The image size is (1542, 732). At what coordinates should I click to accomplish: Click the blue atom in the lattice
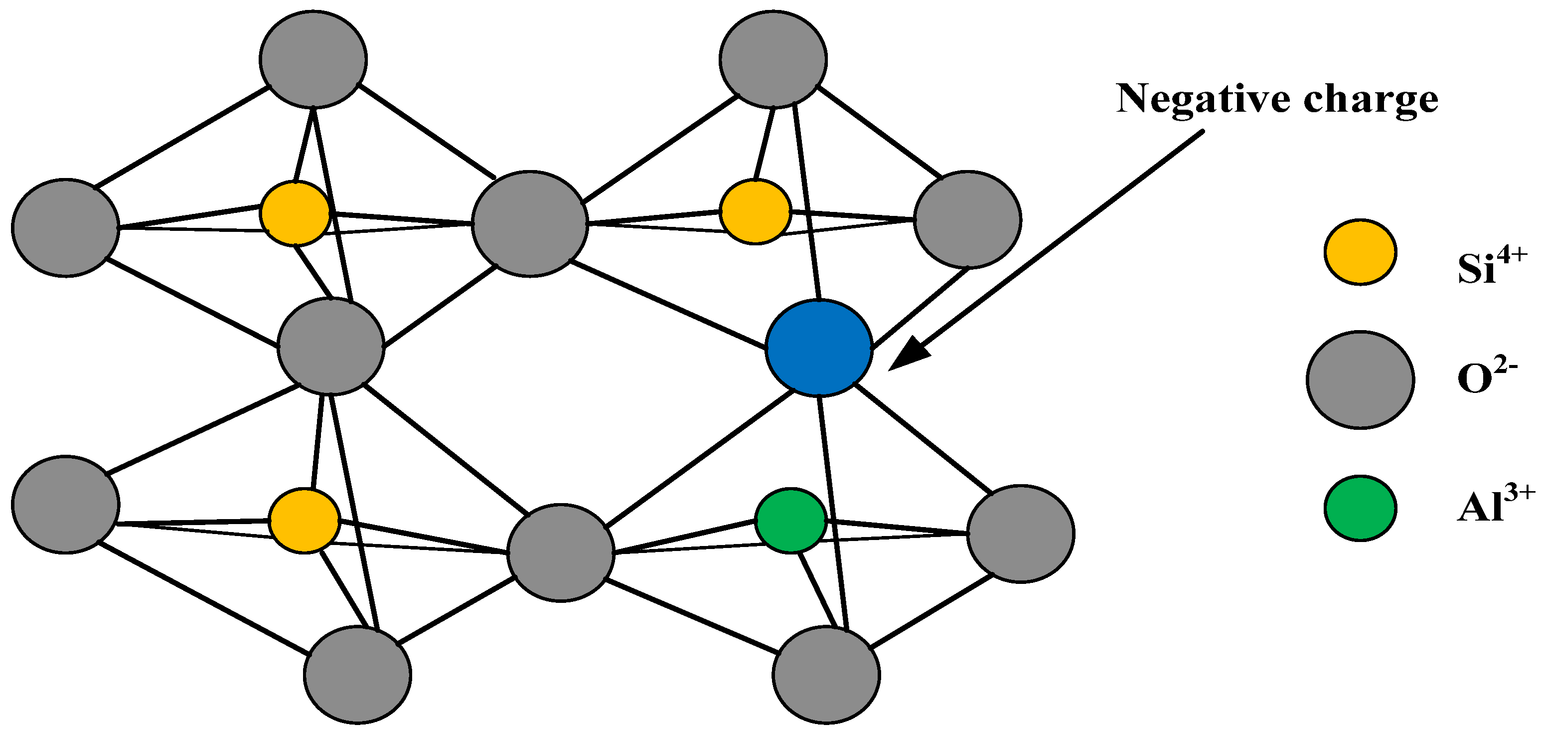coord(819,348)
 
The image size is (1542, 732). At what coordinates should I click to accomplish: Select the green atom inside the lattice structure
coord(791,520)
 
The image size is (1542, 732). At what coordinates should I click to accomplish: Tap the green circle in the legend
coord(1360,508)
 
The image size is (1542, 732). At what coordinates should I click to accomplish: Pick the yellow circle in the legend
coord(1360,252)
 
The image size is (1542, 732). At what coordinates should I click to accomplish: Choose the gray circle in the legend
coord(1360,380)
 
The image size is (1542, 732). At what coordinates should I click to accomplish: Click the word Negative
coord(1203,99)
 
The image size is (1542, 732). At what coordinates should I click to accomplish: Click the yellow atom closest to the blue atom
coord(756,212)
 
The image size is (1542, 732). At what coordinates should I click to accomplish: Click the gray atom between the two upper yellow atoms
coord(530,223)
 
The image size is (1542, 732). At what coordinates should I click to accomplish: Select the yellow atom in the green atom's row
coord(304,520)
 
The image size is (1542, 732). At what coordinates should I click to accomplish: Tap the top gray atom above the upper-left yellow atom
coord(313,59)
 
